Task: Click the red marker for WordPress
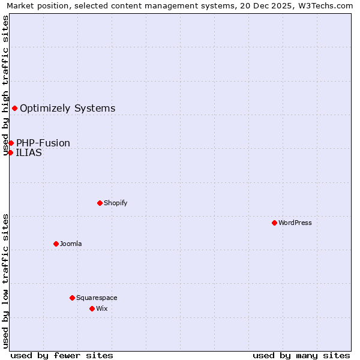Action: pos(274,223)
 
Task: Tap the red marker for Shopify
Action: pos(100,203)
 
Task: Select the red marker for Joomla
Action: pos(56,244)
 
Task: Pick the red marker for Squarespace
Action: pos(72,298)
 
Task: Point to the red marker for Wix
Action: pos(92,308)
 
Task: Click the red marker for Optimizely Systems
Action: pos(14,108)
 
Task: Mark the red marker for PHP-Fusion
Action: pos(11,143)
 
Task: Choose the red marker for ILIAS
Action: pos(10,152)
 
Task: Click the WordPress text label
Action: pos(295,223)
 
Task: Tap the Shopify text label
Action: pos(115,203)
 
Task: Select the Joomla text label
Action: pos(71,244)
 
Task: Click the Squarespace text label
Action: pos(97,298)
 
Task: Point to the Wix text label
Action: pos(102,308)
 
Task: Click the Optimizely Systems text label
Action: pos(67,108)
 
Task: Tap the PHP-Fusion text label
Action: pos(43,143)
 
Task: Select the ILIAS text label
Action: pos(29,152)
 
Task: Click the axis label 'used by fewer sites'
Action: pos(62,355)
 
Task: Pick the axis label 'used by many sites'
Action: pos(301,355)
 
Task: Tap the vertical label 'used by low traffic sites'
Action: pos(6,281)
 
